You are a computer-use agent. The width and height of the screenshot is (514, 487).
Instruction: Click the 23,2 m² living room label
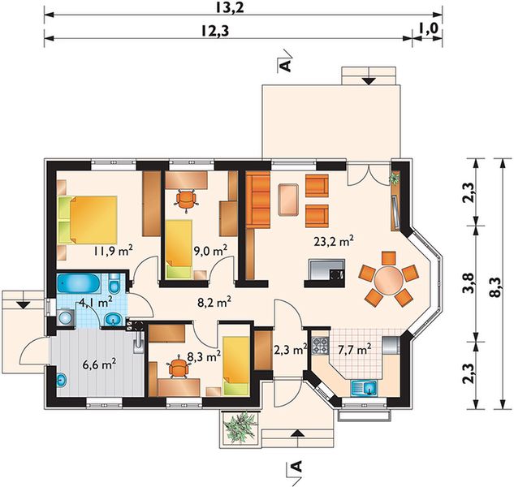(x=334, y=242)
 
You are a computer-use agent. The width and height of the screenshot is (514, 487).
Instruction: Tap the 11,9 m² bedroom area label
(x=113, y=251)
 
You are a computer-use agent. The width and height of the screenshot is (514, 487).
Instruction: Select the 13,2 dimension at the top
(x=230, y=8)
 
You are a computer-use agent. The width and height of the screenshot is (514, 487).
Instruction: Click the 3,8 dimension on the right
(x=471, y=282)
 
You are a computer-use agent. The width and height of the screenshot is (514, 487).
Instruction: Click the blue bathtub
(x=79, y=284)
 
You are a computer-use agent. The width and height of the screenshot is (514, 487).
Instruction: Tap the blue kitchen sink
(x=365, y=388)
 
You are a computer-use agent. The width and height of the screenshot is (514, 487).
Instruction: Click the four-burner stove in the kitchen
(x=320, y=346)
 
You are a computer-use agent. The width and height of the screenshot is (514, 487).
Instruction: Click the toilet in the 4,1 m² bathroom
(x=114, y=283)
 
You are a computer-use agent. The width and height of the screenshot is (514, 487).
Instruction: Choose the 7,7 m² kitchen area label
(x=354, y=349)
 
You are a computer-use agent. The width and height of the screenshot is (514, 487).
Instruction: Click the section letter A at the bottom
(x=296, y=466)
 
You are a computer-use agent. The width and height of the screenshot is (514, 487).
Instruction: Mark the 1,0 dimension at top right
(x=429, y=28)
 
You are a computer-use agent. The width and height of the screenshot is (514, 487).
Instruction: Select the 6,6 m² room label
(x=99, y=364)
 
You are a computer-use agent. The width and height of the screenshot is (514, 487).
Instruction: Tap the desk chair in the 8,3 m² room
(x=179, y=368)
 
